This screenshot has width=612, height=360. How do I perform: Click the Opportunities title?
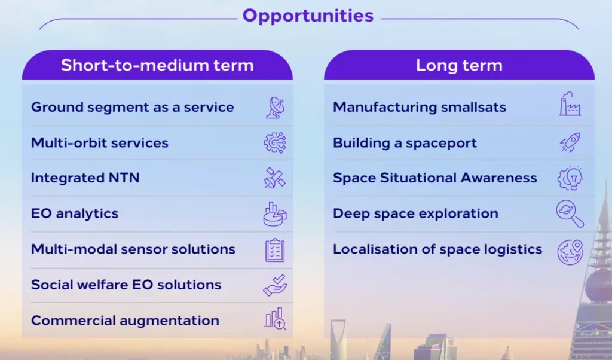tap(308, 16)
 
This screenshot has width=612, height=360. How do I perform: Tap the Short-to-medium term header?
tap(157, 65)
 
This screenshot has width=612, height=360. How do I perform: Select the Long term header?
tap(459, 65)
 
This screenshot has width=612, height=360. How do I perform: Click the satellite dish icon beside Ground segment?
tap(275, 108)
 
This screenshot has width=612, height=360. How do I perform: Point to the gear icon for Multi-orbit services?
tap(275, 142)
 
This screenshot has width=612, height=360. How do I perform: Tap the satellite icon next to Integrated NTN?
tap(275, 178)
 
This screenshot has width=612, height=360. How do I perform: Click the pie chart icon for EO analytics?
tap(275, 214)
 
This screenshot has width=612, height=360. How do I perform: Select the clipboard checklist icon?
tap(275, 250)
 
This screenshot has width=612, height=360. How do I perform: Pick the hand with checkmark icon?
tap(275, 285)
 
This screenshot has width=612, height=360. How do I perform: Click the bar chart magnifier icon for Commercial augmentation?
tap(275, 319)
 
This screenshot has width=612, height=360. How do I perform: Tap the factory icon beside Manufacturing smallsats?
tap(570, 104)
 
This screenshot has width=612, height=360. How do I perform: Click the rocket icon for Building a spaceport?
tap(570, 142)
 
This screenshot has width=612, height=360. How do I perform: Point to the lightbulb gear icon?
tap(570, 178)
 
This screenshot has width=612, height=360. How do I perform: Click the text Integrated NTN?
tap(85, 178)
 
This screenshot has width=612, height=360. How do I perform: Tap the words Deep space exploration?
tap(416, 214)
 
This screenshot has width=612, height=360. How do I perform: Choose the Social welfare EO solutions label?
tap(126, 285)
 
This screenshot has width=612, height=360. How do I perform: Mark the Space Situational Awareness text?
tap(435, 178)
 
